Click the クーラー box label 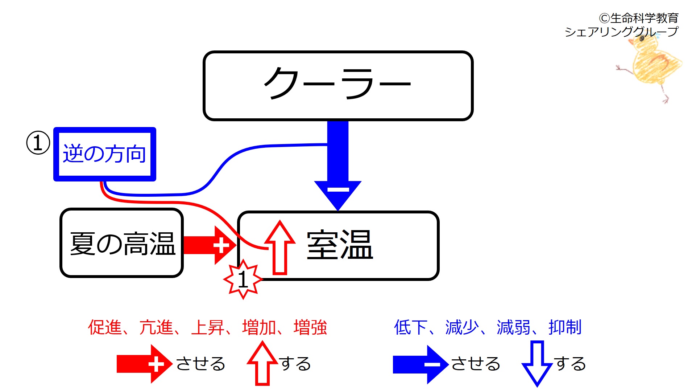coord(338,84)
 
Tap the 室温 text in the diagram coord(340,245)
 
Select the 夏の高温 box coord(122,243)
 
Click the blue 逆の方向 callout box coord(105,154)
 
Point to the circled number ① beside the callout coord(38,143)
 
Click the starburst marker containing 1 coord(243,279)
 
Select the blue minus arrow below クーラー coord(338,167)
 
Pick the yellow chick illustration coord(652,65)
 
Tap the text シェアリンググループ coord(621,32)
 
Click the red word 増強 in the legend coord(310,327)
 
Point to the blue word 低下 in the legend coord(410,327)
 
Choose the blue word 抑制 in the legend coord(565,327)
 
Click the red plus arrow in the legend coord(144,364)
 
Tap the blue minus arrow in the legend coord(420,364)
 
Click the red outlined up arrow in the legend coord(262,363)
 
